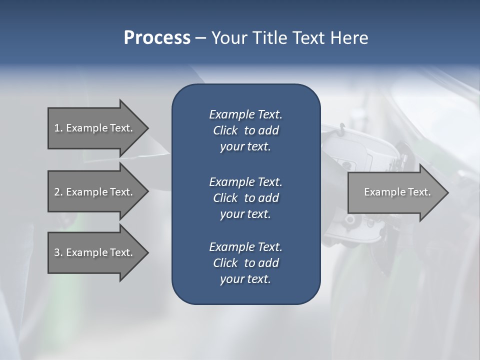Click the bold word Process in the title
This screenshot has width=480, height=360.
tap(157, 38)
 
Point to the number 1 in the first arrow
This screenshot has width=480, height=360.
tap(57, 128)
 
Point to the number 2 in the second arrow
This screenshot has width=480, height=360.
tap(57, 192)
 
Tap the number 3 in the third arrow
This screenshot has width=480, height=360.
tap(57, 252)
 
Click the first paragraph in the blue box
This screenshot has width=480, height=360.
tap(245, 130)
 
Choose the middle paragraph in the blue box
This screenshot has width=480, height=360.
tap(245, 198)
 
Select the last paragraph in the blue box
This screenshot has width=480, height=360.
tap(245, 263)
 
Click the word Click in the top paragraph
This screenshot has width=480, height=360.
tap(225, 131)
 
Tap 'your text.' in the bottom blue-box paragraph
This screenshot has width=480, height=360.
tap(245, 279)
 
